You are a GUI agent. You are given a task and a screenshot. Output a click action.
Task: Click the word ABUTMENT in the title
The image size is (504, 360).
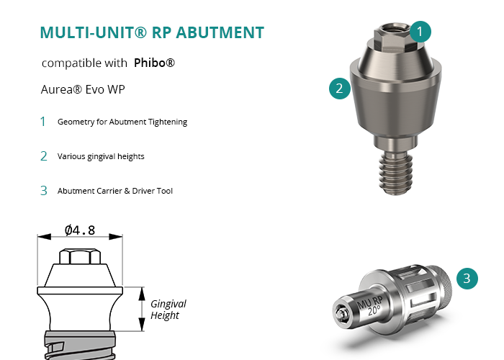pyautogui.click(x=220, y=32)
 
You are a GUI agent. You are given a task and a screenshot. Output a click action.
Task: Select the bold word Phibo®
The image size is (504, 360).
pyautogui.click(x=154, y=63)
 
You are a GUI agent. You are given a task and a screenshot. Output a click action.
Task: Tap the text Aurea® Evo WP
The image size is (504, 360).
pyautogui.click(x=83, y=89)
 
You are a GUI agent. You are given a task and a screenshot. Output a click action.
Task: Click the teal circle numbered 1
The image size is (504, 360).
pyautogui.click(x=420, y=32)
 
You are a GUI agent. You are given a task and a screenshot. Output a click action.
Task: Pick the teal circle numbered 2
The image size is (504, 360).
pyautogui.click(x=339, y=89)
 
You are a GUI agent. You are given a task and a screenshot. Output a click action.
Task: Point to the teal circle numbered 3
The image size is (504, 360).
pyautogui.click(x=467, y=279)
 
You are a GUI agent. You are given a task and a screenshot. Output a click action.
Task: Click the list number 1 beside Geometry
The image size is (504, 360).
pyautogui.click(x=42, y=122)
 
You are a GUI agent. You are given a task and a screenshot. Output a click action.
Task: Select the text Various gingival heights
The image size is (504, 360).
pyautogui.click(x=101, y=156)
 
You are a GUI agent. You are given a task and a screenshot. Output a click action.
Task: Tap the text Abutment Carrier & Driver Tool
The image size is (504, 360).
pyautogui.click(x=115, y=191)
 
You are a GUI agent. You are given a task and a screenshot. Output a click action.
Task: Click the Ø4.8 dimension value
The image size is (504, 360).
pyautogui.click(x=80, y=230)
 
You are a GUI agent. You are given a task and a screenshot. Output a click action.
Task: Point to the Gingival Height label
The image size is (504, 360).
pyautogui.click(x=168, y=310)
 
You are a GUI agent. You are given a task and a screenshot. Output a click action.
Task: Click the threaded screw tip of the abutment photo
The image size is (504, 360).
pyautogui.click(x=396, y=174)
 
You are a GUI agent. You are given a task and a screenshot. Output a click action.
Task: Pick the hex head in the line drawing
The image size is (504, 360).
pyautogui.click(x=80, y=256)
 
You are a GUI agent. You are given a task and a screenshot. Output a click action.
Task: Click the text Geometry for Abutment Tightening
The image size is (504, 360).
pyautogui.click(x=122, y=122)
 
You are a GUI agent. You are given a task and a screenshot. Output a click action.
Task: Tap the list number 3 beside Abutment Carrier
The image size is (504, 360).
pyautogui.click(x=44, y=191)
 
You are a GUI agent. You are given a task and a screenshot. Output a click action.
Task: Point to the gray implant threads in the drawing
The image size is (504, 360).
pyautogui.click(x=80, y=345)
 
